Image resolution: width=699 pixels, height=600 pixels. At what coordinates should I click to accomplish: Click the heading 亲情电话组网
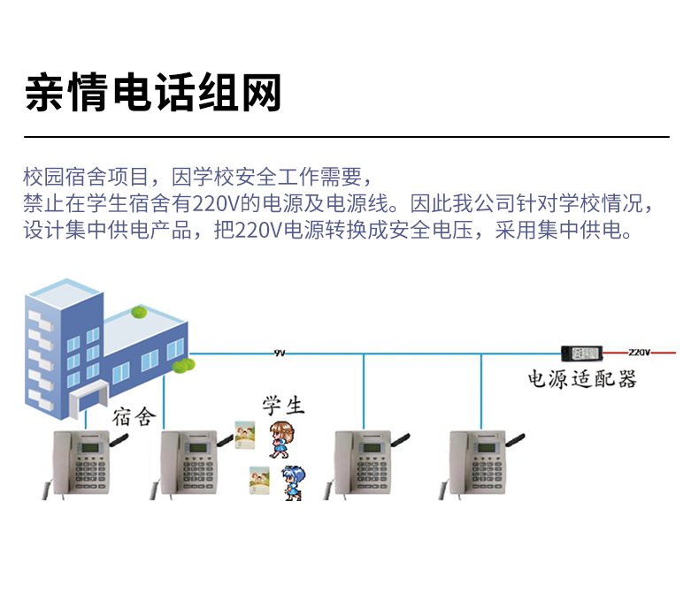tap(154, 93)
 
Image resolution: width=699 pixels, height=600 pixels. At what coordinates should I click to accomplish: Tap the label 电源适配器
tap(582, 379)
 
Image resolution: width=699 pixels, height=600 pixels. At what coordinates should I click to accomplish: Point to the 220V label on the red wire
tap(638, 352)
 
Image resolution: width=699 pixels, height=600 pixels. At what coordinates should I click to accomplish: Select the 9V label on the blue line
tap(280, 353)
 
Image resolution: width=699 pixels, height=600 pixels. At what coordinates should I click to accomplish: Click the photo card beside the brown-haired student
tap(245, 433)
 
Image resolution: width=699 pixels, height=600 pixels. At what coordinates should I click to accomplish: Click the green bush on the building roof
tap(139, 312)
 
